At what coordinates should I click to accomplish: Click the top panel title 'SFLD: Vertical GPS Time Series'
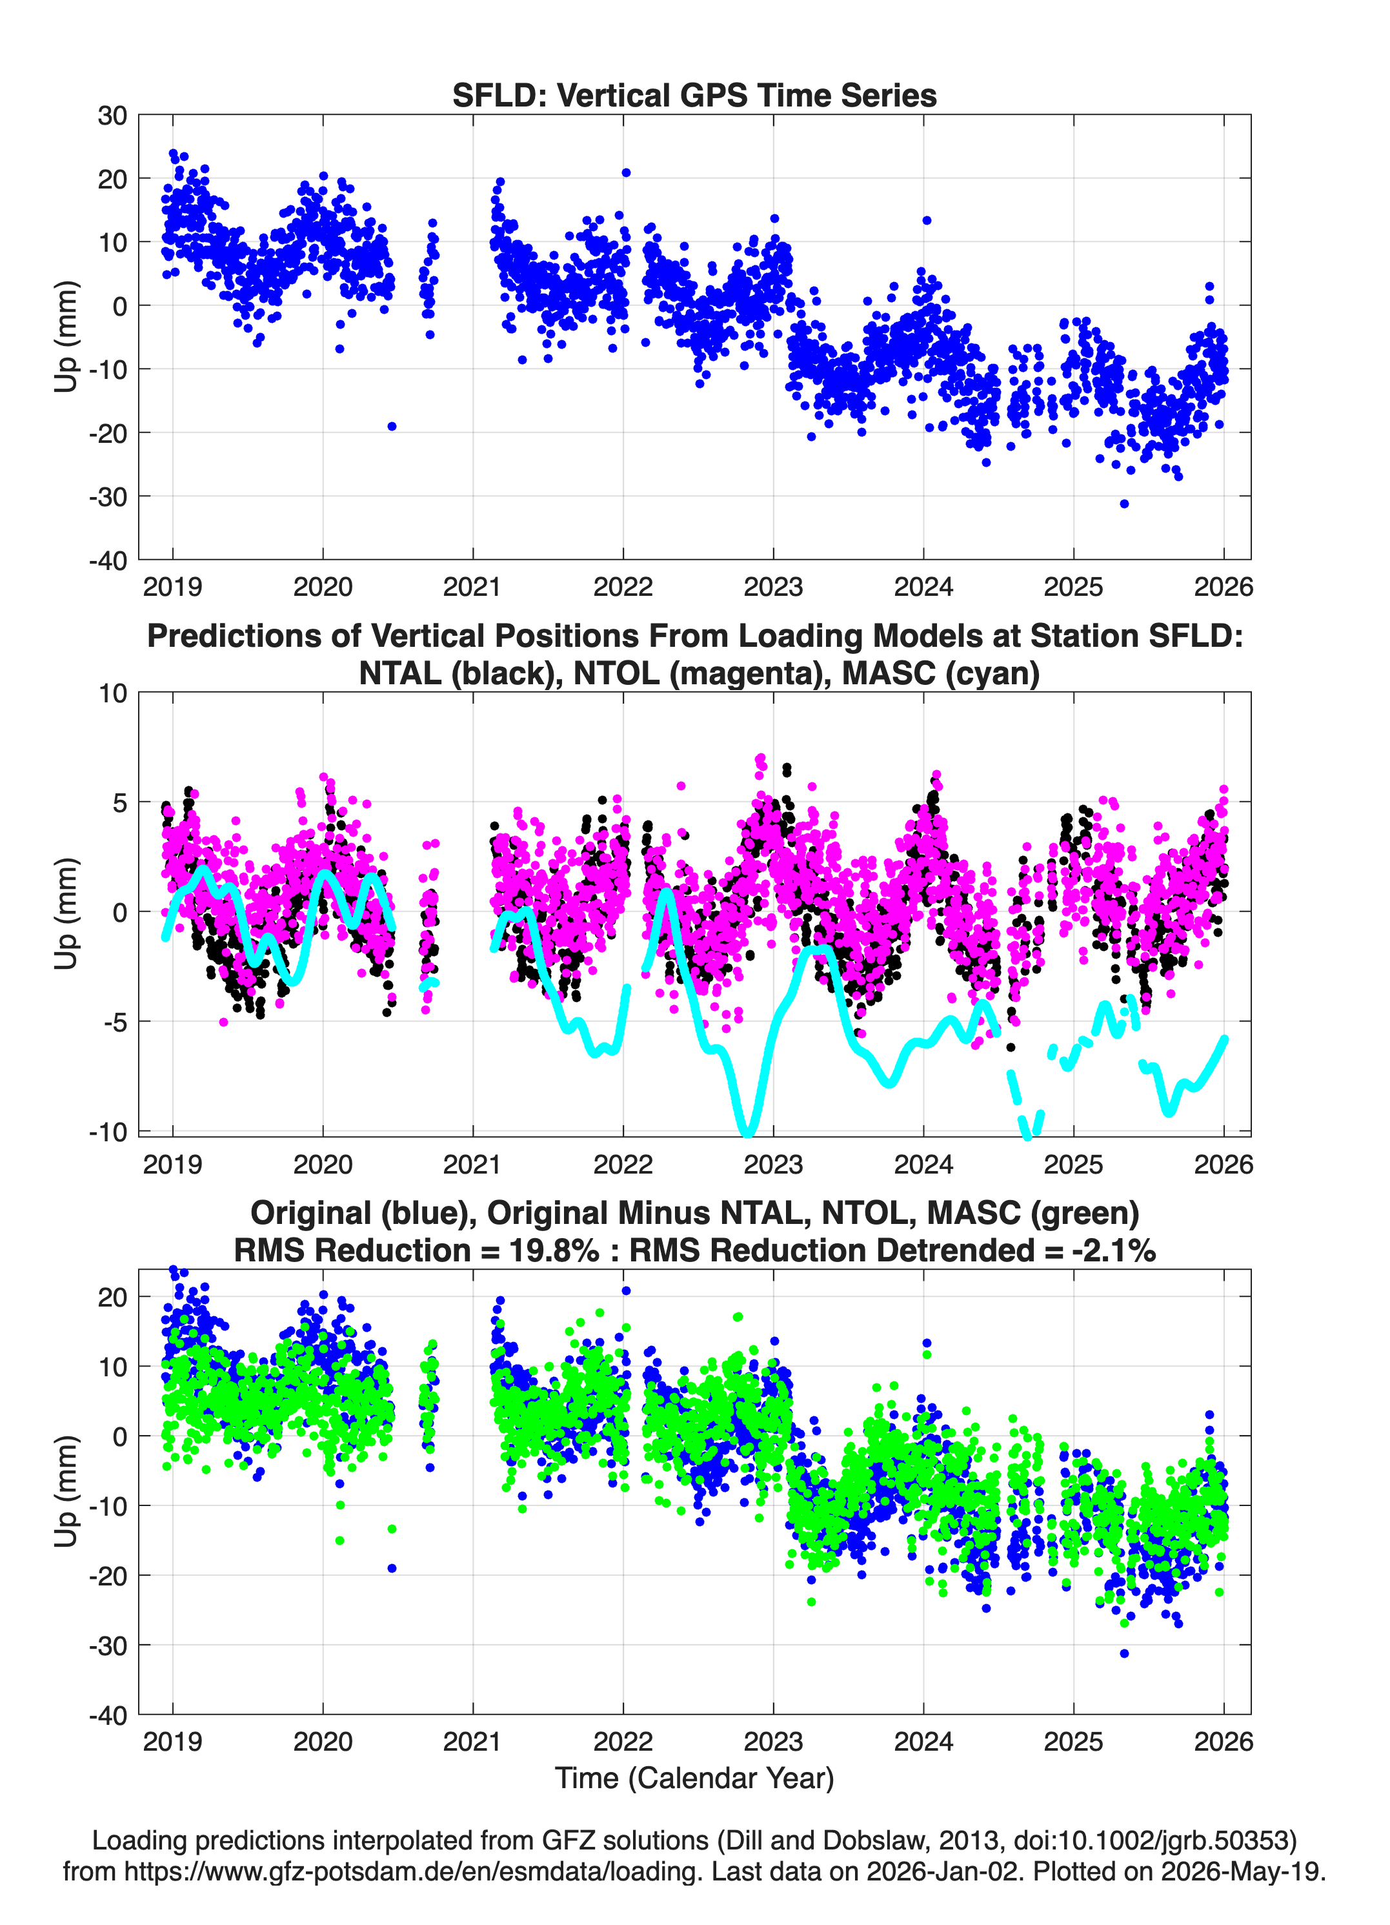click(694, 95)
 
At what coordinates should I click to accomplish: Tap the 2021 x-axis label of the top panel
click(472, 587)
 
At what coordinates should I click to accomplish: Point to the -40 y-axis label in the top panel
click(108, 560)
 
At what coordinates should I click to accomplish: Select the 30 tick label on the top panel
click(112, 116)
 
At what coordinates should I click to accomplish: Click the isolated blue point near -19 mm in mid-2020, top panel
click(391, 426)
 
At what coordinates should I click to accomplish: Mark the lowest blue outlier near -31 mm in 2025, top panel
click(1124, 504)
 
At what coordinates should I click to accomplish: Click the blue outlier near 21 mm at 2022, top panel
click(626, 172)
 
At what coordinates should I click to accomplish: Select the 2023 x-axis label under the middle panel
click(773, 1164)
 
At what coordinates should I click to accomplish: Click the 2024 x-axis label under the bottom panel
click(923, 1742)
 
